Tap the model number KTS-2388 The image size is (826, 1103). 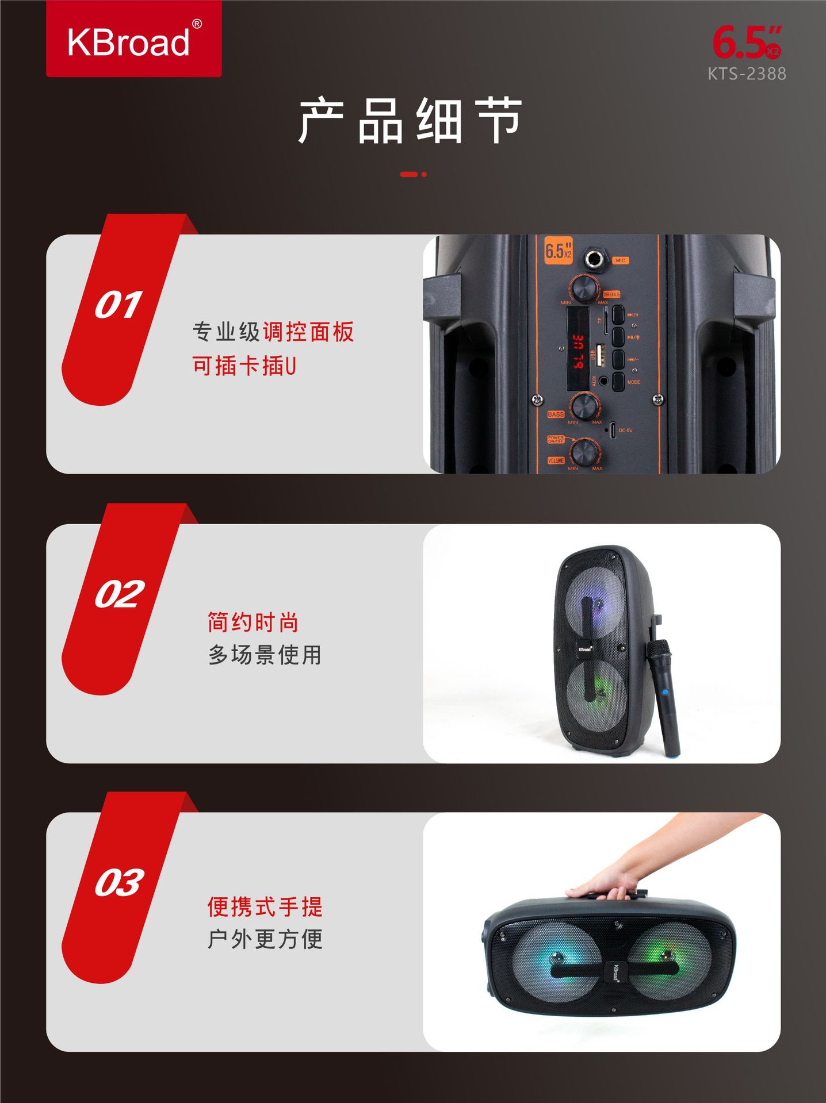[x=747, y=74]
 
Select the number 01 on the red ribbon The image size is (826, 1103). [x=118, y=305]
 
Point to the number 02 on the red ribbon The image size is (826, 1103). [x=119, y=594]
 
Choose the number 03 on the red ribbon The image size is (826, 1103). [x=119, y=882]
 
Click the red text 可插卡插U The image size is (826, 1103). [x=244, y=366]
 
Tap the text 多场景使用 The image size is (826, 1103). [x=265, y=655]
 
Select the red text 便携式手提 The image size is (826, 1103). [x=265, y=907]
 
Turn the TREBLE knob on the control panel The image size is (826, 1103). [x=584, y=289]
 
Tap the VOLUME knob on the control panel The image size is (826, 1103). [x=586, y=452]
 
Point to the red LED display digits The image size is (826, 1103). [x=578, y=352]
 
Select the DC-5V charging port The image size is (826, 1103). [x=613, y=429]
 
